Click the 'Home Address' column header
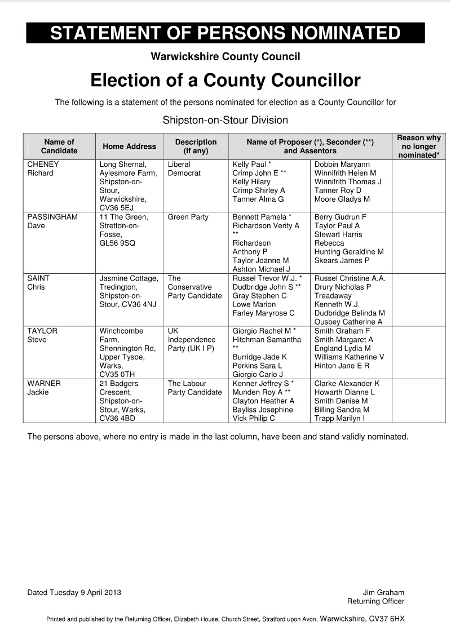tap(129, 146)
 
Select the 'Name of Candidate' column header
tap(59, 146)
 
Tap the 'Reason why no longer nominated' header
tap(418, 146)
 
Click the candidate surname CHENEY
tap(43, 165)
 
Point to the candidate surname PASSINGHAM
tap(52, 217)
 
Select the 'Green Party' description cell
tap(188, 217)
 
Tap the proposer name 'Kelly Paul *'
tap(252, 165)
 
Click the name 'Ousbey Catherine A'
tap(348, 322)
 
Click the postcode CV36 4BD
tap(117, 419)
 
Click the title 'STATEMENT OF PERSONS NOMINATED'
tap(225, 33)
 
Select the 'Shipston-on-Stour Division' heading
tap(225, 120)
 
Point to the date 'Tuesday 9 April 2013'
tap(85, 592)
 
